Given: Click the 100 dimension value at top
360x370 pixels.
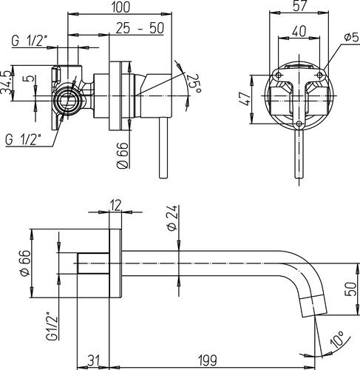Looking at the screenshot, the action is [120, 7].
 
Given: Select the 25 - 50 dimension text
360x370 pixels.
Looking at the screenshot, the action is [140, 28].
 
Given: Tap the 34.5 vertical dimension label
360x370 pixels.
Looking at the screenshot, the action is [6, 83].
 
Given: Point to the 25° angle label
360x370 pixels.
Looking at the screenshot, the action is [194, 84].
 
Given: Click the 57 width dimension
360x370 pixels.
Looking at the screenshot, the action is [299, 5].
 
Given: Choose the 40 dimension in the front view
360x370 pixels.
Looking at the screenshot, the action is [299, 31].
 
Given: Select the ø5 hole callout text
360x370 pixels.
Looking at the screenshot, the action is [353, 38].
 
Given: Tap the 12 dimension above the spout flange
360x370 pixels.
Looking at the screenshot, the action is [115, 205].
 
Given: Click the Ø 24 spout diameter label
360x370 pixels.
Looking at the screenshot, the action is [172, 218].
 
